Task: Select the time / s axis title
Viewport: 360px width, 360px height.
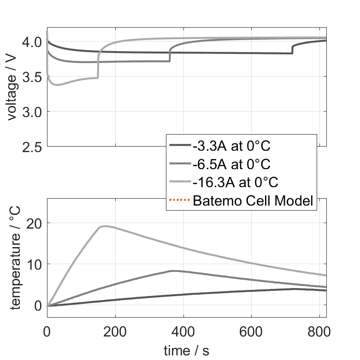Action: point(186,351)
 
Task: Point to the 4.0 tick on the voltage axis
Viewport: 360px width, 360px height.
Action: point(32,42)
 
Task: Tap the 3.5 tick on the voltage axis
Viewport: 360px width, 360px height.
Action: point(32,77)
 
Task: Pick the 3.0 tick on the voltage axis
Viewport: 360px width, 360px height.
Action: point(32,112)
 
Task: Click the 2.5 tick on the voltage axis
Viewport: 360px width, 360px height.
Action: point(32,147)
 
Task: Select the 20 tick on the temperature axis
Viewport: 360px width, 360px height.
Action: point(34,223)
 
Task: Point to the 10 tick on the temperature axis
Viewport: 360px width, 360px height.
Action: point(34,264)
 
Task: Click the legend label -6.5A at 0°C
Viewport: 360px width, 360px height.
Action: point(231,164)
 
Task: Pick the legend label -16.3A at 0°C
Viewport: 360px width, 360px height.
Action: point(236,182)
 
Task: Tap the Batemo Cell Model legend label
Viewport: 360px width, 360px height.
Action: point(254,201)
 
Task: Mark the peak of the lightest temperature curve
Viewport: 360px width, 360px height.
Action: point(105,226)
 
